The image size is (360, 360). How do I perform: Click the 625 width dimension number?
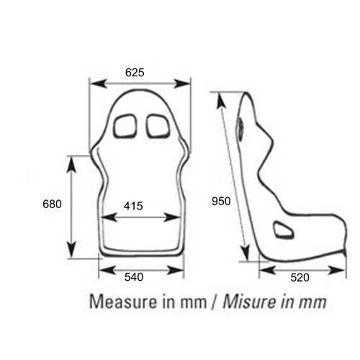click(135, 72)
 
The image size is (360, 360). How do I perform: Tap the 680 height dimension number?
click(52, 204)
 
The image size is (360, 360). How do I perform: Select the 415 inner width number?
click(132, 206)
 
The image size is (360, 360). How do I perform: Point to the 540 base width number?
click(135, 276)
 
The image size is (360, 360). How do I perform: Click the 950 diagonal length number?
click(221, 201)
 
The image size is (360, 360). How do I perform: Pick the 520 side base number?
click(301, 276)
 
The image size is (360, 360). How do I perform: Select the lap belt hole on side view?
click(283, 230)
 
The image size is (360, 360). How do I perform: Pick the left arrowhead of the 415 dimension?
click(103, 217)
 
